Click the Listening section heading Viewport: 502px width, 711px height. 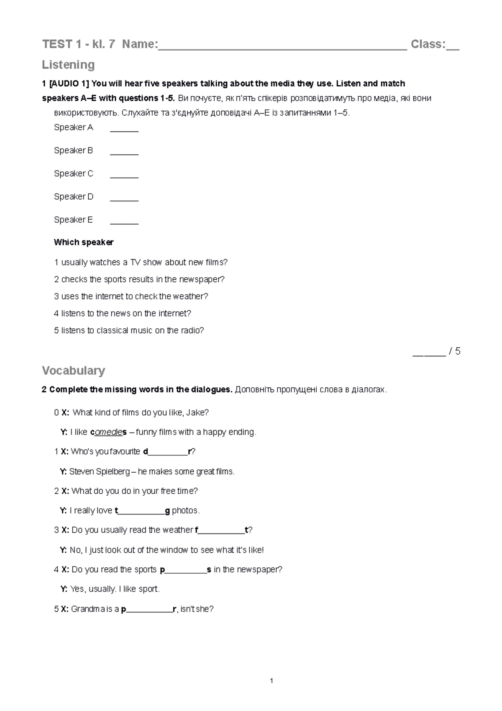68,65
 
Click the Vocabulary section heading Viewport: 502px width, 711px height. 73,371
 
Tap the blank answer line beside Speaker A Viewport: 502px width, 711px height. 124,130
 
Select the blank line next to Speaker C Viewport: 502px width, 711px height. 124,176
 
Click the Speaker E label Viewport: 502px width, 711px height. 73,220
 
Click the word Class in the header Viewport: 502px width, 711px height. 428,44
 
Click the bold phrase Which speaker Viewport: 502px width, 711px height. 84,242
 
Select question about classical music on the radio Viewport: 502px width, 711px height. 129,330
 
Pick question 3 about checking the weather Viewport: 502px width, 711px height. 131,296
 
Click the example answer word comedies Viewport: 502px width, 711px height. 108,432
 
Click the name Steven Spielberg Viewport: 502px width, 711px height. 100,471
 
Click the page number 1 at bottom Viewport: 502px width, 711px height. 271,681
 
